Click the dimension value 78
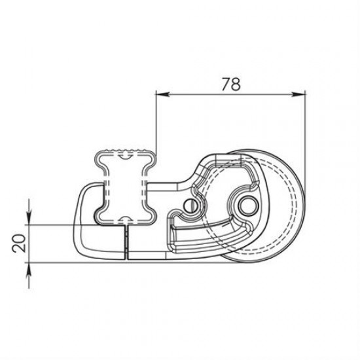230,84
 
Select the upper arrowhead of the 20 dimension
29,219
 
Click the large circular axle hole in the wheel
247,206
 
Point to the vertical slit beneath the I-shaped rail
125,241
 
